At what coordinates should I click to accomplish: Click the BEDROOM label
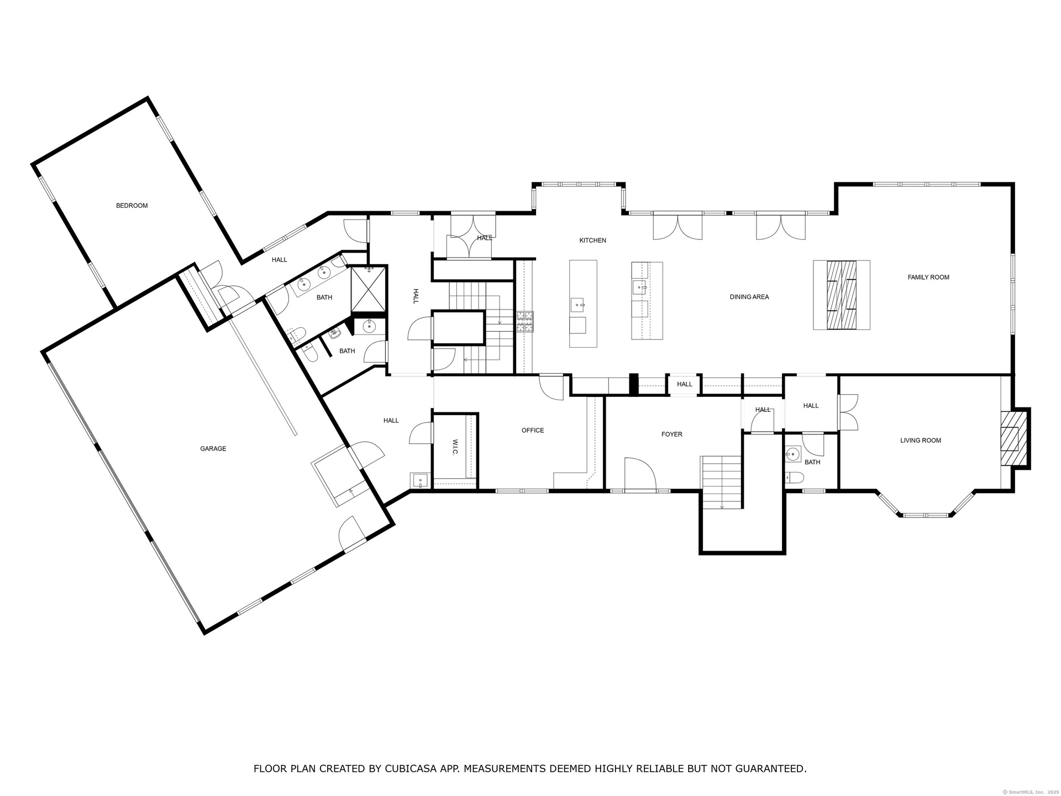pos(132,206)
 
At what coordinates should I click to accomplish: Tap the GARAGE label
pos(213,449)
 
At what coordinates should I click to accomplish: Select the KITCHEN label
pos(592,240)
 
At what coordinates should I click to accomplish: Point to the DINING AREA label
pos(749,297)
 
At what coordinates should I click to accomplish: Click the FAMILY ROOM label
pos(928,277)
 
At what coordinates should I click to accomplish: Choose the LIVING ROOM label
pos(921,441)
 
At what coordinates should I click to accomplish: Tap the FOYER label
pos(672,434)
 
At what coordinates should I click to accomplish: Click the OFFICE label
pos(533,430)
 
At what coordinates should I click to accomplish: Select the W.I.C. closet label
pos(455,448)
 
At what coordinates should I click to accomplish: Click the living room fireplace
pos(1014,439)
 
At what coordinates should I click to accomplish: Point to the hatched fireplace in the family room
pos(842,295)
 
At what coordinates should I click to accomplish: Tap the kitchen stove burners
pos(525,322)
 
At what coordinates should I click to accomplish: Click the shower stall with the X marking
pos(369,289)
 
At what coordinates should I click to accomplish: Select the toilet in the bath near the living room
pos(794,478)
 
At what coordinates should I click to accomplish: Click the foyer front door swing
pos(640,474)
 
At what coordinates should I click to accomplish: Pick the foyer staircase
pos(721,482)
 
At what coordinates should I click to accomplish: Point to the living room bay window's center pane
pos(925,515)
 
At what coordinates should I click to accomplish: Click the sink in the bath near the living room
pos(793,454)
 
